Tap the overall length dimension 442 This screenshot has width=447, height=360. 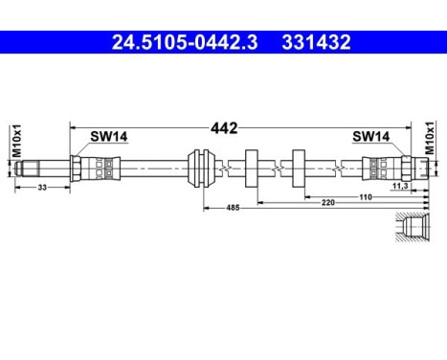tap(225, 126)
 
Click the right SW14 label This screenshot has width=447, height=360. tap(370, 137)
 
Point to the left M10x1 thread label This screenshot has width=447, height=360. tap(17, 138)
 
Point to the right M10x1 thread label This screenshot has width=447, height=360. tap(430, 138)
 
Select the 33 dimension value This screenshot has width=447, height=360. tap(43, 188)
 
